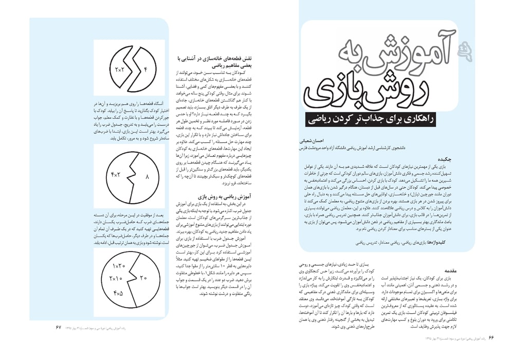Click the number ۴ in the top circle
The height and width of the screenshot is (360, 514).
click(x=145, y=68)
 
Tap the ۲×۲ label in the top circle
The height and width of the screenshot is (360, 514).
click(x=119, y=69)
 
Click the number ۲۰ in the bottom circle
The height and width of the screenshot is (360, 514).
click(x=143, y=278)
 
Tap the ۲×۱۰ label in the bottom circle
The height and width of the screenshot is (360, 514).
click(x=116, y=279)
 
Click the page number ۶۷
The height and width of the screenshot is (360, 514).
click(x=58, y=327)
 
